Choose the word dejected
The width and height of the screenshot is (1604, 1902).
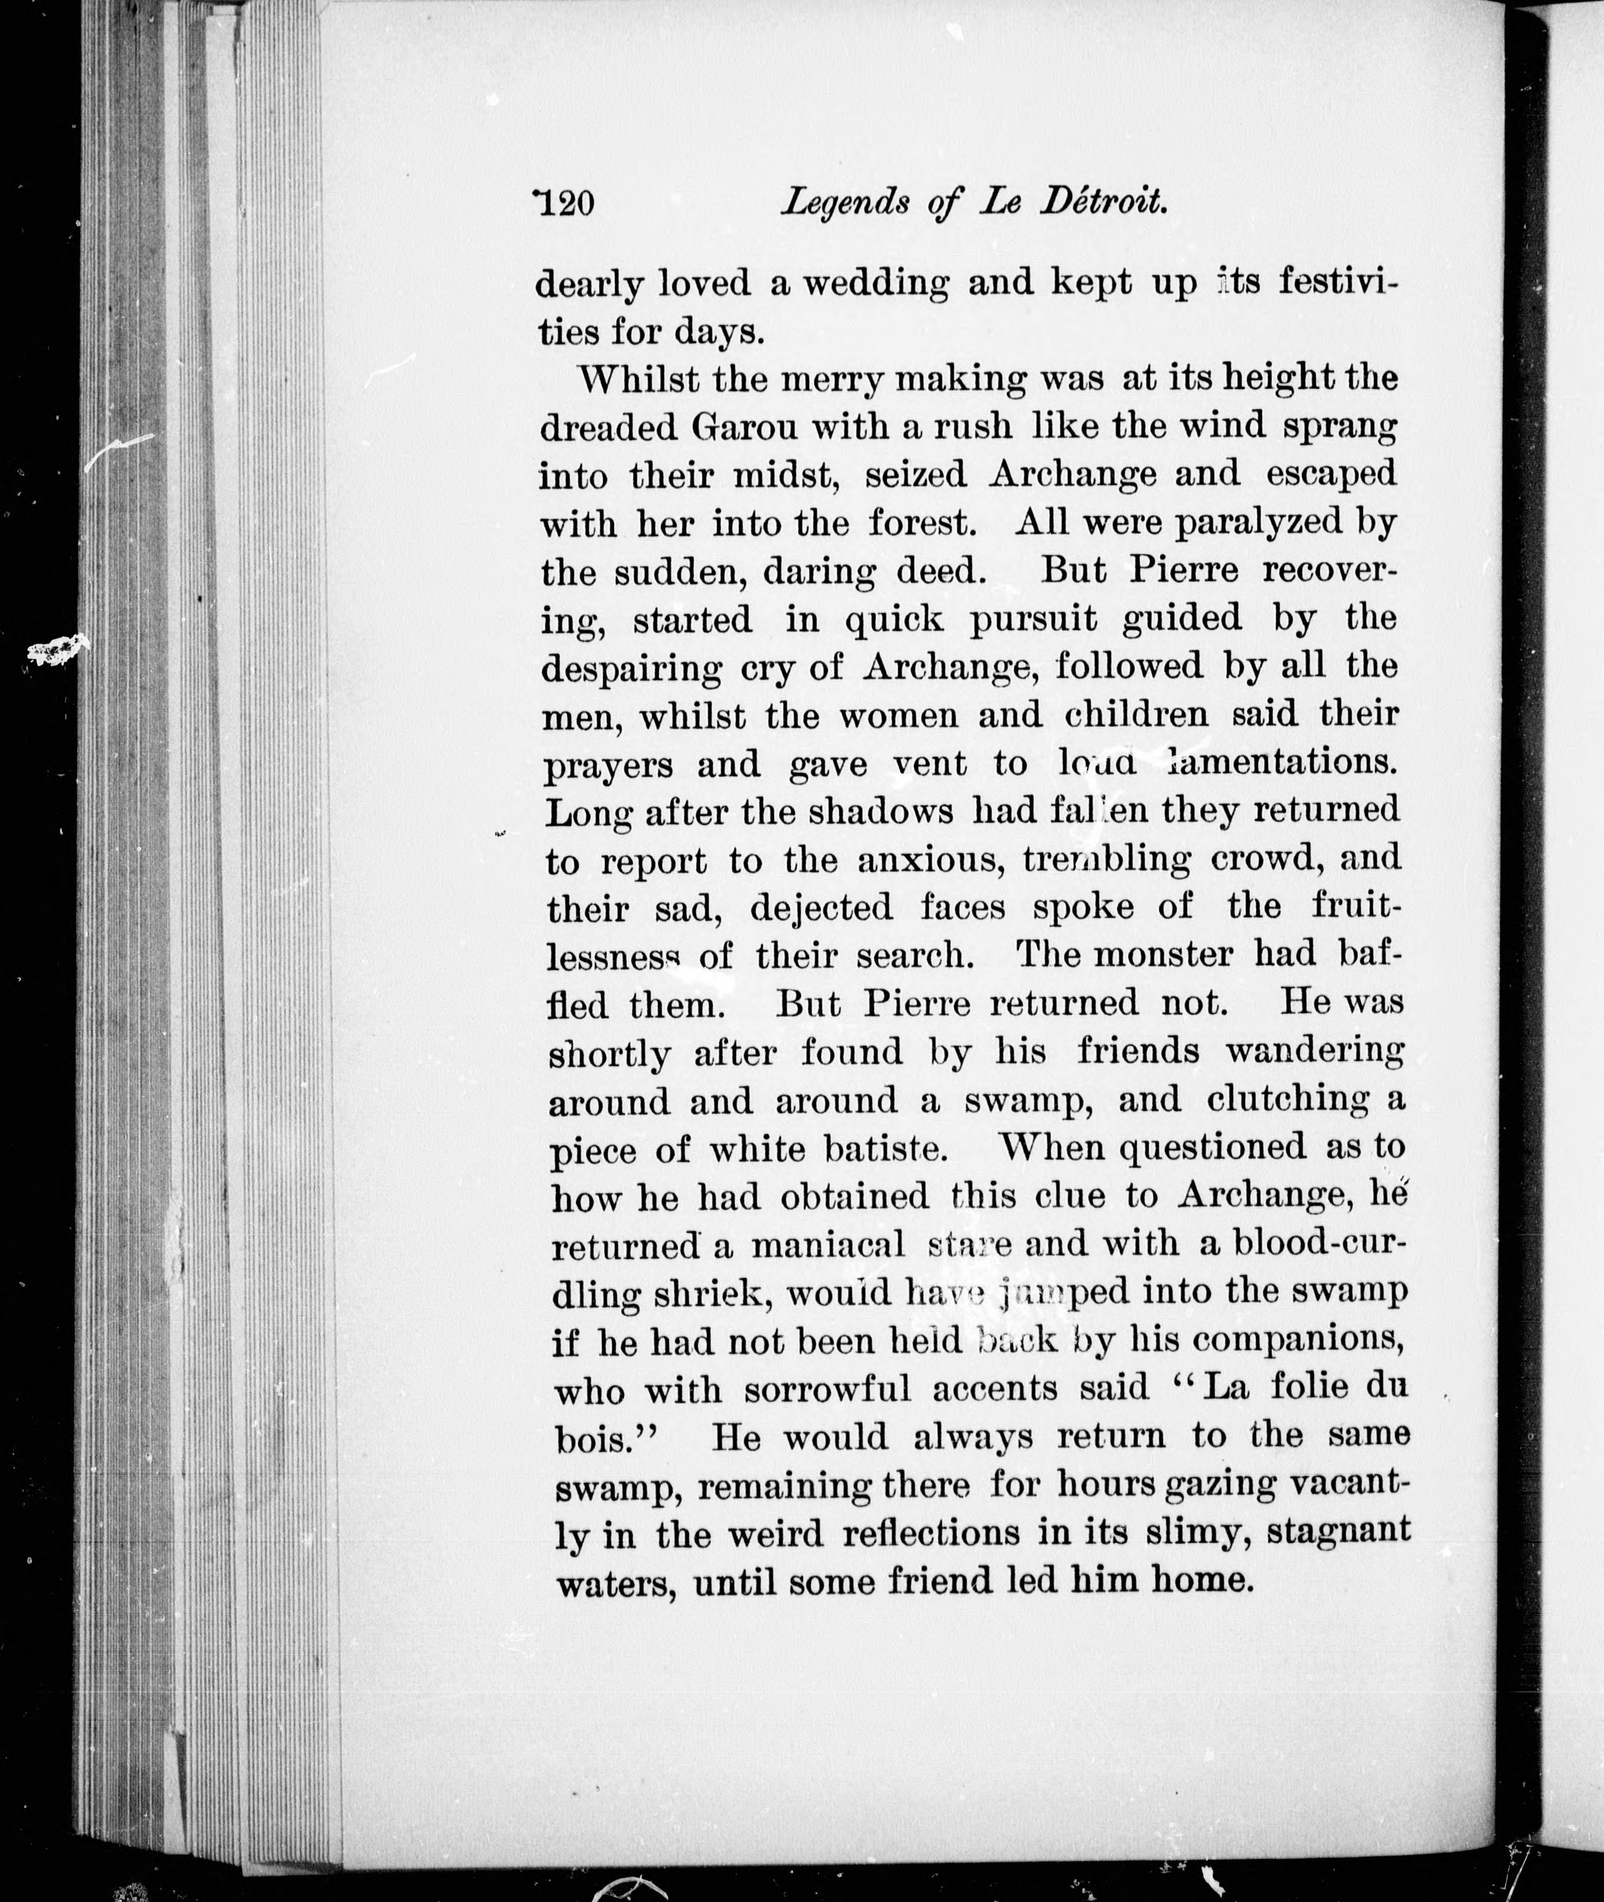(x=835, y=908)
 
